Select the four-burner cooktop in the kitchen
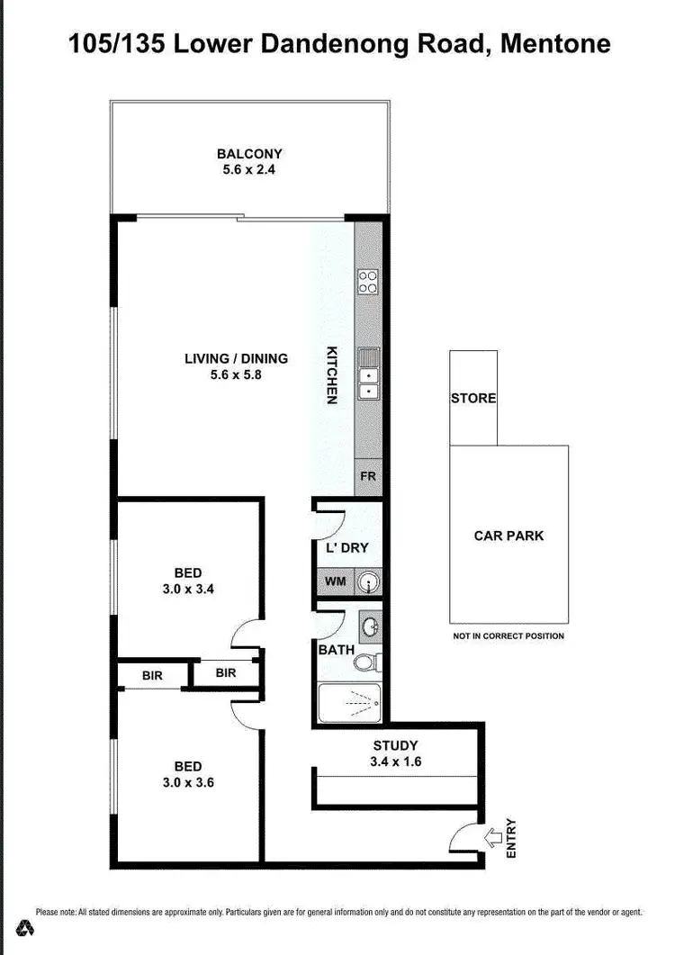[x=368, y=282]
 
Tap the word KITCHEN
[x=331, y=374]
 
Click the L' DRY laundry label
[x=347, y=547]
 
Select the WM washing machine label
[x=335, y=582]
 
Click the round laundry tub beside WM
[x=368, y=583]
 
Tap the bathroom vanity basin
[x=369, y=625]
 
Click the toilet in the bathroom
[x=366, y=663]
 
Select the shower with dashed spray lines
[x=349, y=702]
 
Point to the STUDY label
[x=395, y=745]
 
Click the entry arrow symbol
[x=494, y=839]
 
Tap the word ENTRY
[x=512, y=837]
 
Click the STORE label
[x=473, y=398]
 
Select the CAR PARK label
[x=508, y=536]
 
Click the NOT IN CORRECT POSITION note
[x=508, y=636]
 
